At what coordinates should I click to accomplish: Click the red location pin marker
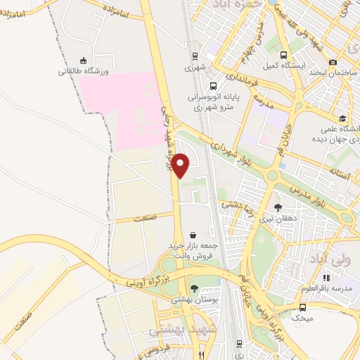(x=181, y=165)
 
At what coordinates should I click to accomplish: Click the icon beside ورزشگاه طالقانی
(x=84, y=60)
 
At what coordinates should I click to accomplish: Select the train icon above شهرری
(x=195, y=57)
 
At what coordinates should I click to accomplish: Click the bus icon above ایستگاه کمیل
(x=283, y=56)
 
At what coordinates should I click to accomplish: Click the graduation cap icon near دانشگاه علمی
(x=342, y=119)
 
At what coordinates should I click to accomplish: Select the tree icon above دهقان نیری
(x=278, y=207)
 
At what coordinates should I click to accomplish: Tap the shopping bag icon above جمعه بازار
(x=193, y=235)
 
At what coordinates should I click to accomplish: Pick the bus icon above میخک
(x=302, y=307)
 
